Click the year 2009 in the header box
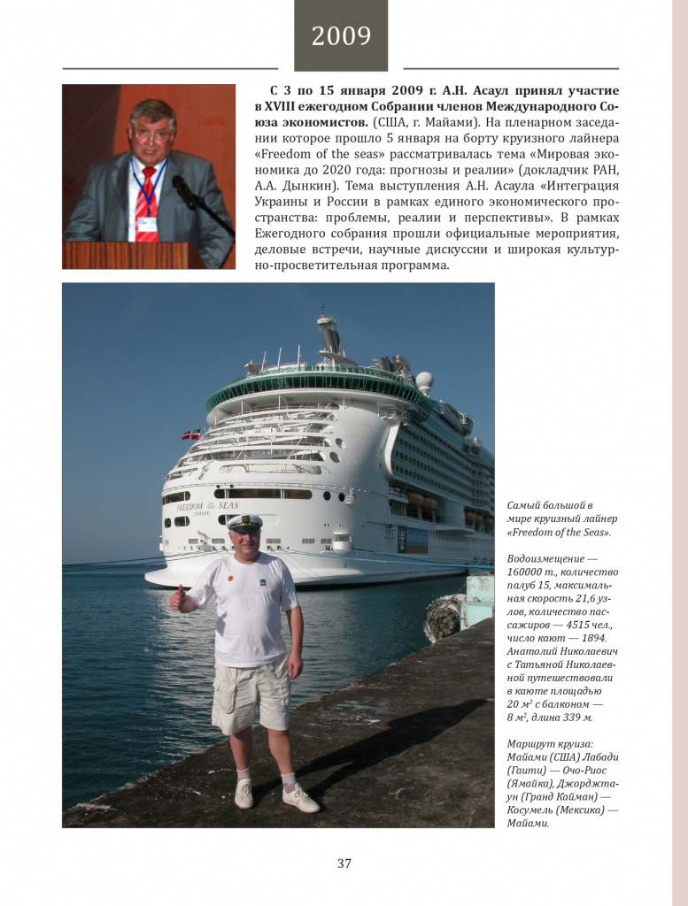341,36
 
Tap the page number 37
344,864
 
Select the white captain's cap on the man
244,522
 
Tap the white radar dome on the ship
424,382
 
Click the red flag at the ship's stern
190,434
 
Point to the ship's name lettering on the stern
207,506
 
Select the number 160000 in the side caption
530,572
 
